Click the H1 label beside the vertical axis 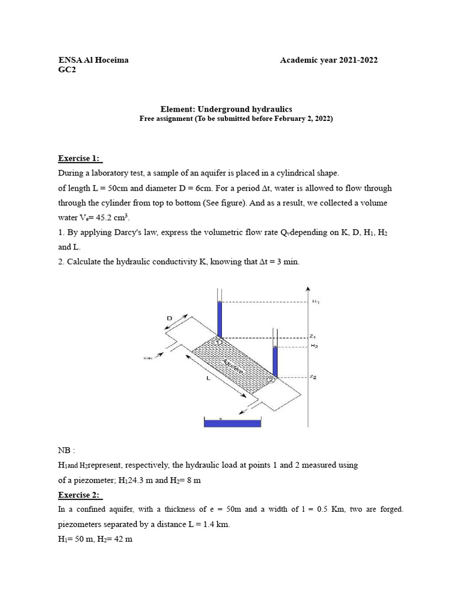[316, 302]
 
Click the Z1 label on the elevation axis [314, 337]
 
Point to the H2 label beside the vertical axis [314, 346]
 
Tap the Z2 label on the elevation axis [314, 377]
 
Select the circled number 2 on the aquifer [271, 380]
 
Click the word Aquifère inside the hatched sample [235, 363]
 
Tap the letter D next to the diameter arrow [170, 318]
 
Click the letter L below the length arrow [208, 379]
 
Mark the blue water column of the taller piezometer [220, 319]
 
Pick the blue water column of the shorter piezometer [274, 360]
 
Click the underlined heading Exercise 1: [80, 158]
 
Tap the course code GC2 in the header [67, 70]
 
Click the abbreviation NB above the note [65, 450]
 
